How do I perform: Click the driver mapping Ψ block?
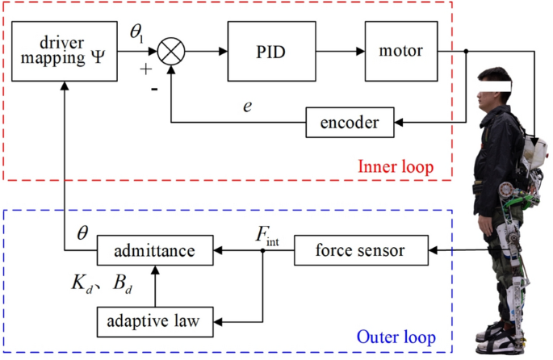pyautogui.click(x=64, y=52)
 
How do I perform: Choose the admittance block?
pyautogui.click(x=156, y=250)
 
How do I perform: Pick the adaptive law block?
pyautogui.click(x=156, y=320)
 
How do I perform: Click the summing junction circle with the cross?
pyautogui.click(x=171, y=52)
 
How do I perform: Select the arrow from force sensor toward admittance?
pyautogui.click(x=279, y=250)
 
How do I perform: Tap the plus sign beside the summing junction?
pyautogui.click(x=146, y=69)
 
